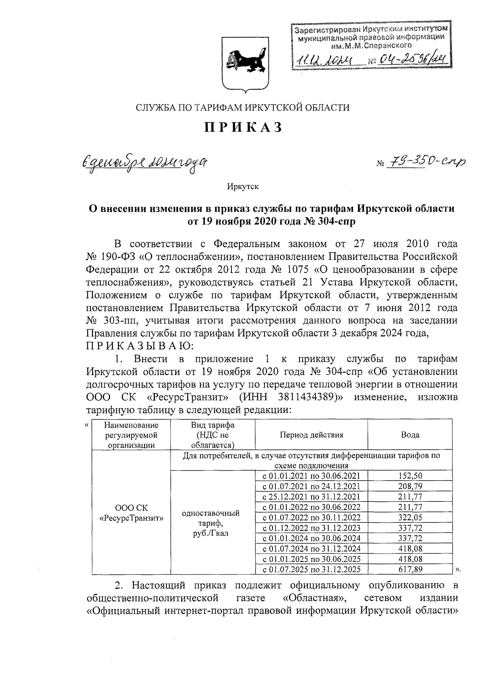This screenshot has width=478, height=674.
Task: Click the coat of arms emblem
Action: pos(243,63)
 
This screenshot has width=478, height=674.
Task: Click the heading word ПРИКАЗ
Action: pos(243,128)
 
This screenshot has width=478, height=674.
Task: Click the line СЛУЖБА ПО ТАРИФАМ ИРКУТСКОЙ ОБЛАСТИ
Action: pos(243,107)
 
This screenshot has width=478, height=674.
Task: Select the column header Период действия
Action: pos(311,435)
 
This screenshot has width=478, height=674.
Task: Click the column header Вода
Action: pos(410,435)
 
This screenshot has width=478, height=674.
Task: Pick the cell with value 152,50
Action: pos(410,476)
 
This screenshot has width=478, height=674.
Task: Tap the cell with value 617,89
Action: pos(410,569)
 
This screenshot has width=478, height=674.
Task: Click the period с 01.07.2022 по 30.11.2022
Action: pos(311,517)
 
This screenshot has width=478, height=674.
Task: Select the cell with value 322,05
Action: pos(410,517)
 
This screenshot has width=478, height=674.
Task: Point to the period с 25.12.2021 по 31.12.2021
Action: pos(311,497)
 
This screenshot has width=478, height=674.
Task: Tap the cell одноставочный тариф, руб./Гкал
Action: pos(210,523)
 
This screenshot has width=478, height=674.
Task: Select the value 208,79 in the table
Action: pos(410,486)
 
